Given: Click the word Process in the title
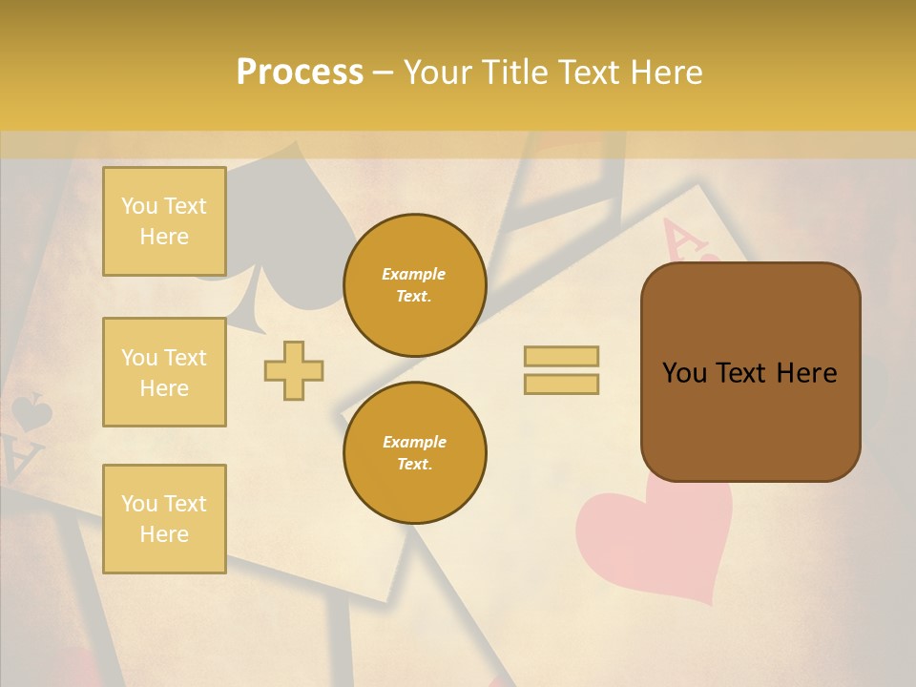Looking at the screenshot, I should coord(300,73).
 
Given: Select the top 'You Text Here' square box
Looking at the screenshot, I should coord(164,221).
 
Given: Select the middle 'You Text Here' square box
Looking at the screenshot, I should coord(164,372).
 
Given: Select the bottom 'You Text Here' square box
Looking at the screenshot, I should coord(164,519).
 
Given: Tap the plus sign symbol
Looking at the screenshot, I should coord(294,370).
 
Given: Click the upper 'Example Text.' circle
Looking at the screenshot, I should coord(414,285).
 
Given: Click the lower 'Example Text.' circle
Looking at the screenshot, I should coord(414,453).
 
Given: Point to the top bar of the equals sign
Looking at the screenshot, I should coord(561,357).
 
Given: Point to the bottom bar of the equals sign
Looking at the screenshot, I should coord(561,385).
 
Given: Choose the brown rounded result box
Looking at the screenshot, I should coord(750,372).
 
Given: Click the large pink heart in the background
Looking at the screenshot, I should coord(658,539).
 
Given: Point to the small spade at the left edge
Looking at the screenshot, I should coord(31,413).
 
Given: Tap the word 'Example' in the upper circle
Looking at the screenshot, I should coord(414,274).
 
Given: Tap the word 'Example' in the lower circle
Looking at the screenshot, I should coord(414,442).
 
